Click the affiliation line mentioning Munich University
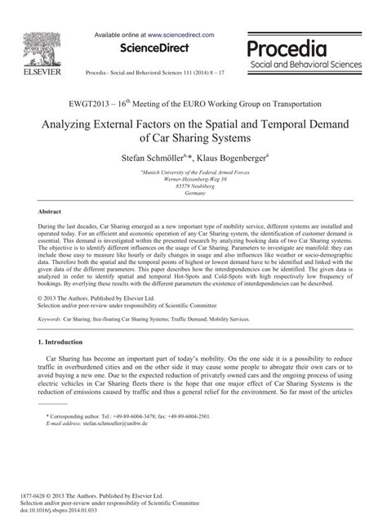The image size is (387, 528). coord(194,173)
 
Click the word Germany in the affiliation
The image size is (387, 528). coord(193,194)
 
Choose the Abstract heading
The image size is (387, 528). coord(51,211)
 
